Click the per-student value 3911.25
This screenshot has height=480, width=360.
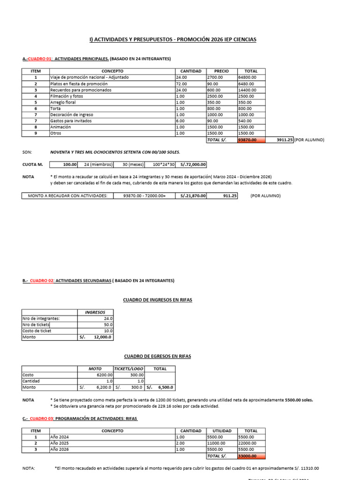click(x=285, y=140)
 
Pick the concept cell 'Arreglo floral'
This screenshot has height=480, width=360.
click(x=64, y=102)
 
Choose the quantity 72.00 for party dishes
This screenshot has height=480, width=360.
click(x=182, y=83)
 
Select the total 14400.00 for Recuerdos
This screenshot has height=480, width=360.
click(x=247, y=90)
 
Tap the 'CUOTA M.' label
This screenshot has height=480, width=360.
click(x=32, y=165)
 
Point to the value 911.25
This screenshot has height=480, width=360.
click(x=230, y=195)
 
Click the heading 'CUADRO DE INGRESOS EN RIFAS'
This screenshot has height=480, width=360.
click(x=157, y=300)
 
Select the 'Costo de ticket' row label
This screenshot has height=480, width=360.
click(x=37, y=331)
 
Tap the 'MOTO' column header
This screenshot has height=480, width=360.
click(x=95, y=369)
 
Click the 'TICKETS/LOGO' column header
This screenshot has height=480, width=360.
click(x=129, y=369)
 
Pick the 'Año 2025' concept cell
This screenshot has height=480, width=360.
click(x=59, y=443)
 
